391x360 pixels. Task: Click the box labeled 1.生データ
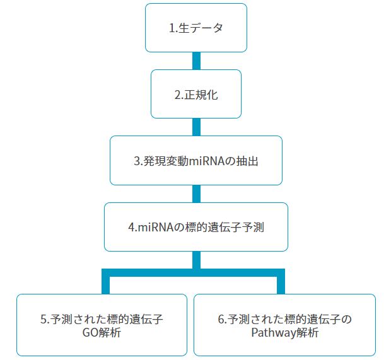pyautogui.click(x=196, y=28)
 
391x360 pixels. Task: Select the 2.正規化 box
pyautogui.click(x=196, y=94)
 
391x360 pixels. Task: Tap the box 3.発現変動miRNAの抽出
pyautogui.click(x=196, y=160)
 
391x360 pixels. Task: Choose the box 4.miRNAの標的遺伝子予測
pyautogui.click(x=196, y=227)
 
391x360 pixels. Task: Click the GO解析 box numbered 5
pyautogui.click(x=102, y=325)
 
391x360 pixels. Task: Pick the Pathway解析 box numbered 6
pyautogui.click(x=284, y=325)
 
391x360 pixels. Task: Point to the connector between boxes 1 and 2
pyautogui.click(x=196, y=61)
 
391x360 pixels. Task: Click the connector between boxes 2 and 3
pyautogui.click(x=196, y=127)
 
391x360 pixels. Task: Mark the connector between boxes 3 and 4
pyautogui.click(x=196, y=194)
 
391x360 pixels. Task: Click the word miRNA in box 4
pyautogui.click(x=154, y=228)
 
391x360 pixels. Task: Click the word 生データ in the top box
pyautogui.click(x=202, y=28)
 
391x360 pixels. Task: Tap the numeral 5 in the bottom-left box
pyautogui.click(x=44, y=320)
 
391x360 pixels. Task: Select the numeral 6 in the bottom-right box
pyautogui.click(x=221, y=320)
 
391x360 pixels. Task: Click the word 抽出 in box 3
pyautogui.click(x=248, y=161)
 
